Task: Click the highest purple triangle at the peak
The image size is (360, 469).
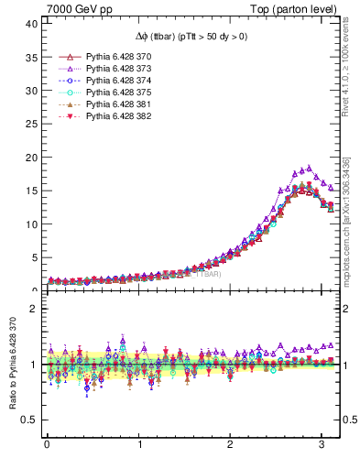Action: point(310,168)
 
